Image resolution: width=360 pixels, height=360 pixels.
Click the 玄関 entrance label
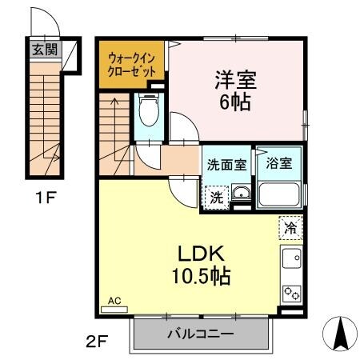(x=44, y=50)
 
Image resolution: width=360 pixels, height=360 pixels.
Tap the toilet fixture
(x=148, y=111)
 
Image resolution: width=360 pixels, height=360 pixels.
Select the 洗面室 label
(x=226, y=163)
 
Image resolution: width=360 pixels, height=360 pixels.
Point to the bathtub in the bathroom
(x=279, y=194)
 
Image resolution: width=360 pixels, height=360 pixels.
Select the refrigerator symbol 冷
(x=291, y=227)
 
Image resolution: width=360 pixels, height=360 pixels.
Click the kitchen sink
(x=291, y=259)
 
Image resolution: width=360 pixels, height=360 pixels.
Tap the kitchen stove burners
(x=291, y=294)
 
